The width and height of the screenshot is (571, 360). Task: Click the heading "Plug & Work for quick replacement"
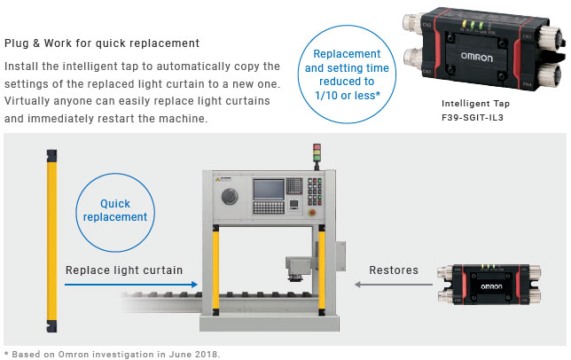[102, 43]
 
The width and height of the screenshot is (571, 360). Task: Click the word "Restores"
[394, 270]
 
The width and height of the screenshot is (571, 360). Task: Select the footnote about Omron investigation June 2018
[110, 353]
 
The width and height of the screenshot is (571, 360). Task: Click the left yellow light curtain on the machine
[213, 270]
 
